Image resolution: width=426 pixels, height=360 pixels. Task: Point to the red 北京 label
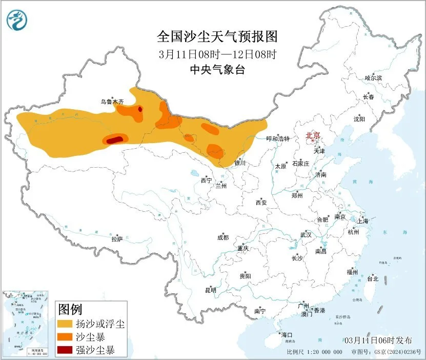[x=313, y=136]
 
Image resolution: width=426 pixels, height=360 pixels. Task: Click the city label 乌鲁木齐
[x=112, y=102]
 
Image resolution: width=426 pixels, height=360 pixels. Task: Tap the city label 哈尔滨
[x=373, y=78]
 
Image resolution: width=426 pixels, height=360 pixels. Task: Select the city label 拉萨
[x=117, y=238]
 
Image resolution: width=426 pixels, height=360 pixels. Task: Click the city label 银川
[x=240, y=164]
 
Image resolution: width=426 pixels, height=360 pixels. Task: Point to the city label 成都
[x=223, y=237]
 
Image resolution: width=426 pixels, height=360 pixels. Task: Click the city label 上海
[x=363, y=221]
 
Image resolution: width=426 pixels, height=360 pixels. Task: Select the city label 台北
[x=372, y=279]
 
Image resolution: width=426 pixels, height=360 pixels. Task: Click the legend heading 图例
[x=70, y=309]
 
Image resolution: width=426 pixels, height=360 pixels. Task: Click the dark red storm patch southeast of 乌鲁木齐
[x=140, y=108]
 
